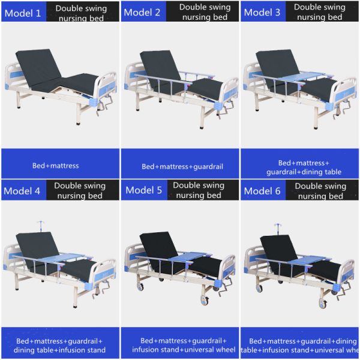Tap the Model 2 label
coord(143,13)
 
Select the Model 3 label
coord(263,13)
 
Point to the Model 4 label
coord(22,191)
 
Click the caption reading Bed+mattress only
coord(55,165)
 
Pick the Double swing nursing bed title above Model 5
coord(198,190)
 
